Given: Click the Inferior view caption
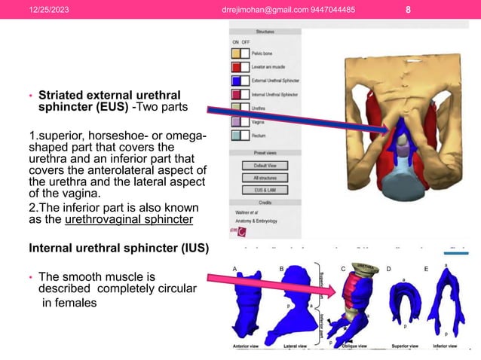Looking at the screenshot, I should (446, 346).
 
